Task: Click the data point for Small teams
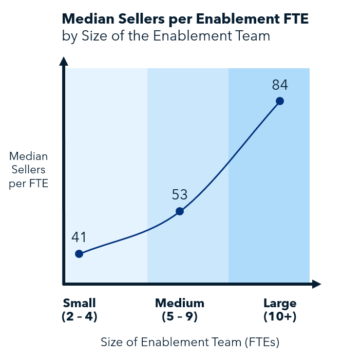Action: pos(79,254)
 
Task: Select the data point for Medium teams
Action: pos(180,211)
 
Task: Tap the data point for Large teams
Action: pos(280,101)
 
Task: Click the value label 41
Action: pos(79,237)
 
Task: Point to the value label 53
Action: pos(180,194)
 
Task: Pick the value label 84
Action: pos(280,85)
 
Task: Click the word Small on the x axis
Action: pos(79,303)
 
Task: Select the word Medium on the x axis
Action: pos(180,303)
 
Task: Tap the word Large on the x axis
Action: pos(280,303)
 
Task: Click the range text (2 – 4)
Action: pos(79,317)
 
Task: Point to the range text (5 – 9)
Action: pos(180,317)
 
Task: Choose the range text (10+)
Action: pos(280,317)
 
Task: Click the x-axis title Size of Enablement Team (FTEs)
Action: pos(189,342)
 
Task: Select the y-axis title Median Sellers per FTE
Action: pos(29,170)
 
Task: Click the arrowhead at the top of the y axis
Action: pos(64,62)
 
